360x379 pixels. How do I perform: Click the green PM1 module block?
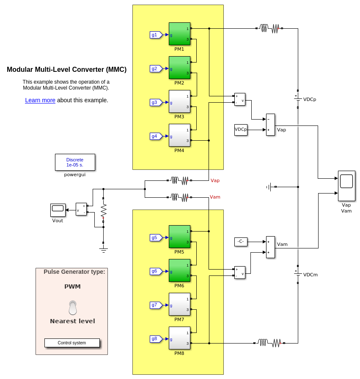[179, 34]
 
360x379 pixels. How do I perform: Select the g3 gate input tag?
[155, 102]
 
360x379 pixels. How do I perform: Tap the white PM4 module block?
[179, 135]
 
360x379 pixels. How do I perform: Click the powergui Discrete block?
[75, 162]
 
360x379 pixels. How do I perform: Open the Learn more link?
[40, 101]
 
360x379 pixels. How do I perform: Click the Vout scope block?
[58, 210]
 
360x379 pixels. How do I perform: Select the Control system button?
[72, 343]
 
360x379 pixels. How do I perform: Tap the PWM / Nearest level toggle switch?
[73, 308]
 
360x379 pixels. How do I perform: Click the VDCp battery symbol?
[298, 99]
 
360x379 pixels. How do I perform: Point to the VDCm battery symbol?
[298, 274]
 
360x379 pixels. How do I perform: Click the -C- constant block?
[241, 242]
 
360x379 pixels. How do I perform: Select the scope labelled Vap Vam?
[346, 186]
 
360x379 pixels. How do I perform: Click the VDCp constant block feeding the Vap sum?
[241, 130]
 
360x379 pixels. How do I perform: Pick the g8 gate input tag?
[155, 339]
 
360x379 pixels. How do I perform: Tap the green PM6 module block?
[179, 270]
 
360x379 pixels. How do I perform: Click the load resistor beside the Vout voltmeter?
[103, 210]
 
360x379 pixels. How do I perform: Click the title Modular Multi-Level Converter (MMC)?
[66, 70]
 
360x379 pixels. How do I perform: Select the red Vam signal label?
[215, 197]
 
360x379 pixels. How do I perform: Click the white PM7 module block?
[179, 304]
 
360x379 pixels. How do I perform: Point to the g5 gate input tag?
[155, 237]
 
